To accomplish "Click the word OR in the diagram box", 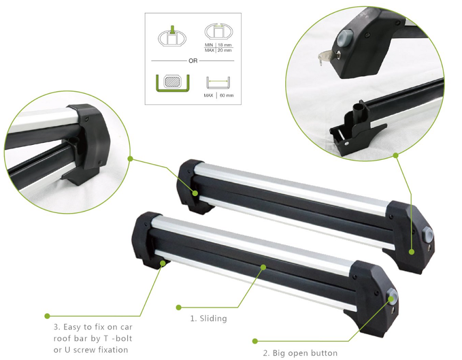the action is pyautogui.click(x=193, y=61).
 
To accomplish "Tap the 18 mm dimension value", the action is pyautogui.click(x=225, y=45).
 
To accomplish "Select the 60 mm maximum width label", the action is pyautogui.click(x=227, y=95).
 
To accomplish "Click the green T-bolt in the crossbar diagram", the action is pyautogui.click(x=172, y=30).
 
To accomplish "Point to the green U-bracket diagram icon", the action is pyautogui.click(x=172, y=84).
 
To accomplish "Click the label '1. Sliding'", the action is pyautogui.click(x=209, y=318).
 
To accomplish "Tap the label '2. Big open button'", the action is pyautogui.click(x=300, y=353).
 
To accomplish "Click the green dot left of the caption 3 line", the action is pyautogui.click(x=47, y=316).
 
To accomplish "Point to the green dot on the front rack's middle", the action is pyautogui.click(x=263, y=267).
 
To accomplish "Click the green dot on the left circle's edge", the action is pyautogui.click(x=130, y=159).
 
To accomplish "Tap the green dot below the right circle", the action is pyautogui.click(x=395, y=155).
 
